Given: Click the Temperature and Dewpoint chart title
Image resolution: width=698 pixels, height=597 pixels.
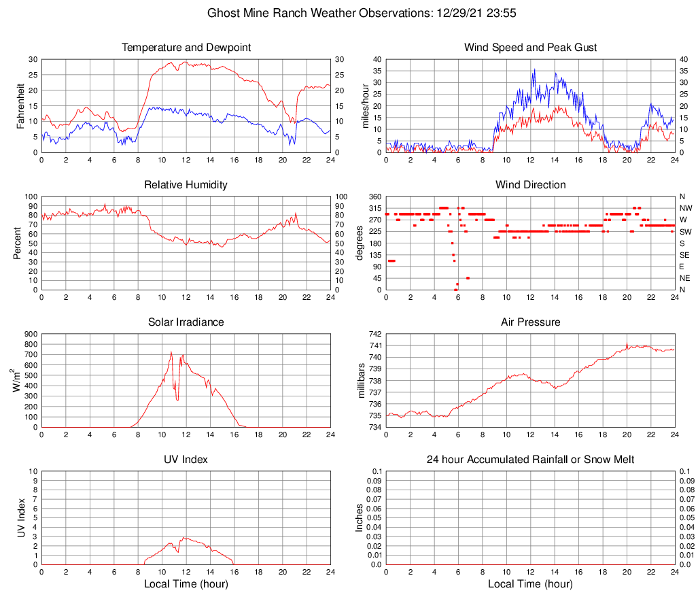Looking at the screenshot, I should tap(186, 48).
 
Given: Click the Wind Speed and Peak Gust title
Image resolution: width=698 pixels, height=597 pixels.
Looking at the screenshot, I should tap(530, 48).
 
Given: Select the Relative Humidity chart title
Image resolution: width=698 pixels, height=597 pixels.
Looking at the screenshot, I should tap(186, 185).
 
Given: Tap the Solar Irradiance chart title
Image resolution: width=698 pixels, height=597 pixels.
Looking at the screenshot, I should tap(186, 322).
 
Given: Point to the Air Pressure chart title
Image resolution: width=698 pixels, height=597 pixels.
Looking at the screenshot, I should tap(530, 322).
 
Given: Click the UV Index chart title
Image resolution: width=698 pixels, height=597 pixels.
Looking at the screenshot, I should tap(186, 460).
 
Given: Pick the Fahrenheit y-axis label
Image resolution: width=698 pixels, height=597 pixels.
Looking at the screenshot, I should tap(20, 105).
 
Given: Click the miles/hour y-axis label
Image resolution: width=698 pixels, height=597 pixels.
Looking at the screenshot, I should tap(365, 105).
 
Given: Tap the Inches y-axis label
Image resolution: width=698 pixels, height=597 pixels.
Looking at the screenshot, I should tap(361, 518).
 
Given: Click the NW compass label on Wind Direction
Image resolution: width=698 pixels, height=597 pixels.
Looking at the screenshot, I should tap(685, 208).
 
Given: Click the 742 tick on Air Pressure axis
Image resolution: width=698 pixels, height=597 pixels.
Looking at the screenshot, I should tap(375, 335).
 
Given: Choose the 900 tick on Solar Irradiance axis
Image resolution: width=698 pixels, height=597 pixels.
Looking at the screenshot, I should tap(30, 335).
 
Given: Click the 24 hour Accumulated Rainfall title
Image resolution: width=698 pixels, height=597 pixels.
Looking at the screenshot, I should tap(530, 460).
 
